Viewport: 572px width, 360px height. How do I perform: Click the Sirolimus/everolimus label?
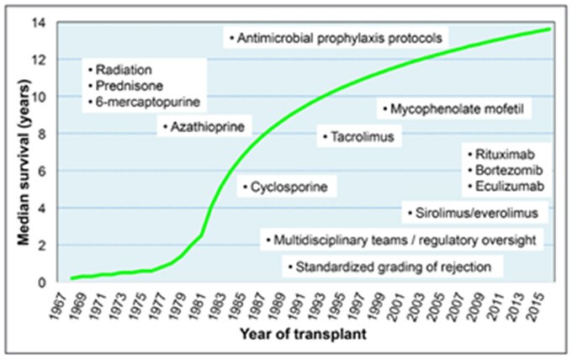coord(476,213)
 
